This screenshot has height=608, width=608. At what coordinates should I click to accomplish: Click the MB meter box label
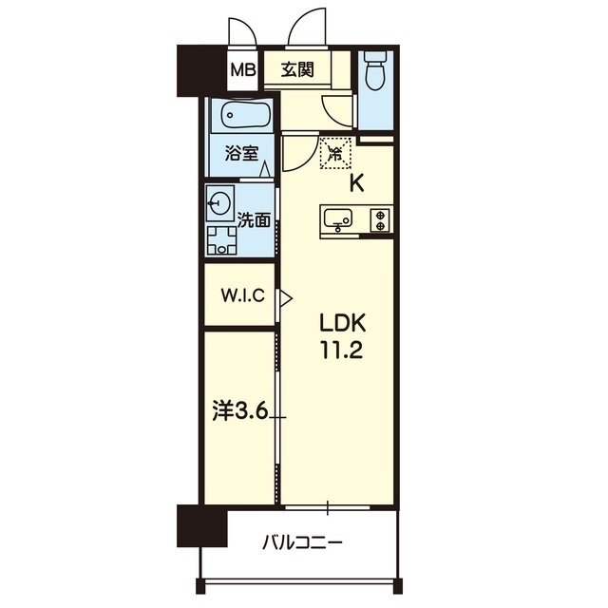click(243, 70)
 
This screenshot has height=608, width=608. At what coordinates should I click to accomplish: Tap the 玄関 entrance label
click(297, 69)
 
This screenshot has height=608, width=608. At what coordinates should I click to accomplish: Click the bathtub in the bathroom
click(245, 114)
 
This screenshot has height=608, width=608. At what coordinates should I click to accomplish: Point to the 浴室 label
click(242, 154)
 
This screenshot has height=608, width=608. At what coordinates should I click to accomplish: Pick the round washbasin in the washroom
click(218, 203)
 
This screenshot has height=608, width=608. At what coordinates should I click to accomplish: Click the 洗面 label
click(254, 219)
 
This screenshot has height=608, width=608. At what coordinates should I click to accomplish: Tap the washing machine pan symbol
click(221, 240)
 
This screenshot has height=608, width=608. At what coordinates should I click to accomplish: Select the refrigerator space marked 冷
click(335, 153)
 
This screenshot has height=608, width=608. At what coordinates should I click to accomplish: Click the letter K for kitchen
click(357, 184)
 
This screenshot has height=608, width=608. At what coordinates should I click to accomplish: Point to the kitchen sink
click(338, 219)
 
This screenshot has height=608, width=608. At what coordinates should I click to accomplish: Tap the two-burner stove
click(380, 220)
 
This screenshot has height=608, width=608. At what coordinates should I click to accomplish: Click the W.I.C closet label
click(243, 295)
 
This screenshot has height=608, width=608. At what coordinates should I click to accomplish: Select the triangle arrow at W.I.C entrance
click(286, 298)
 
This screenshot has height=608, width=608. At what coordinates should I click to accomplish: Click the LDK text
click(342, 323)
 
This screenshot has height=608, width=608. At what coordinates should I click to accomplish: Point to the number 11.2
click(342, 351)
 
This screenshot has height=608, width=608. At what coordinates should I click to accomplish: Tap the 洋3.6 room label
click(240, 411)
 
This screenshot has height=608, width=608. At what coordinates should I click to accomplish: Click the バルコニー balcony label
click(302, 542)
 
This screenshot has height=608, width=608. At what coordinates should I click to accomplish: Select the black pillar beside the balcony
click(202, 525)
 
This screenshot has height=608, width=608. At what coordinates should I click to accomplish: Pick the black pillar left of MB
click(201, 70)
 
